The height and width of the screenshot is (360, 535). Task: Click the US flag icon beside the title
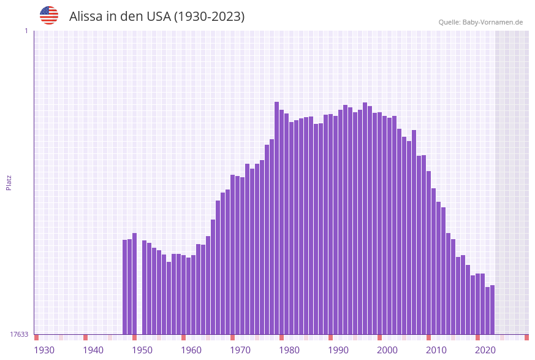49,15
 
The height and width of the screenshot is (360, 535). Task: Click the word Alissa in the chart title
86,17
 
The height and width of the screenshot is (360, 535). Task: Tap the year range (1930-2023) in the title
210,17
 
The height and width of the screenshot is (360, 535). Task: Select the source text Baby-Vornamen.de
493,22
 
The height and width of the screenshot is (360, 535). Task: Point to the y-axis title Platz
9,182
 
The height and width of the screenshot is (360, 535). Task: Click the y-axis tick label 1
26,31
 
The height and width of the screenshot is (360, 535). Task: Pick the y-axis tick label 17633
19,334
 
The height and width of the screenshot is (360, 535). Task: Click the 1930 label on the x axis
44,350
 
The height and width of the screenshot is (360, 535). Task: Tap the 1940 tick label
93,350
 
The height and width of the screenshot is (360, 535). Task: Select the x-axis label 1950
142,350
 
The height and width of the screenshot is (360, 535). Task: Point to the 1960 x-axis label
191,350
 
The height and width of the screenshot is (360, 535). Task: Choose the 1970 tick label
240,350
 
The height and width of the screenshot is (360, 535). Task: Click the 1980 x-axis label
289,350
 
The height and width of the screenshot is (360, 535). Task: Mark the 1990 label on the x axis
338,350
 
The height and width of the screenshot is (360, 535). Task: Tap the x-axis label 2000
387,350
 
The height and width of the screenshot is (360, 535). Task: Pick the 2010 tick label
436,350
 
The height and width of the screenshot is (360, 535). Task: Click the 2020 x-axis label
485,350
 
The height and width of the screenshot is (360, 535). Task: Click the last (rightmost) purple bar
492,310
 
